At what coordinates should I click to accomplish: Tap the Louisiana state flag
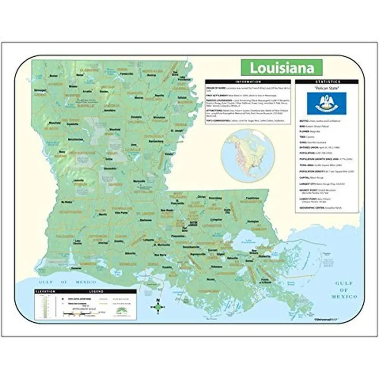point(326,103)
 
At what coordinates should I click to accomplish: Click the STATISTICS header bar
point(326,82)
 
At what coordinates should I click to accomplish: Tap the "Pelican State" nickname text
point(326,89)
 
